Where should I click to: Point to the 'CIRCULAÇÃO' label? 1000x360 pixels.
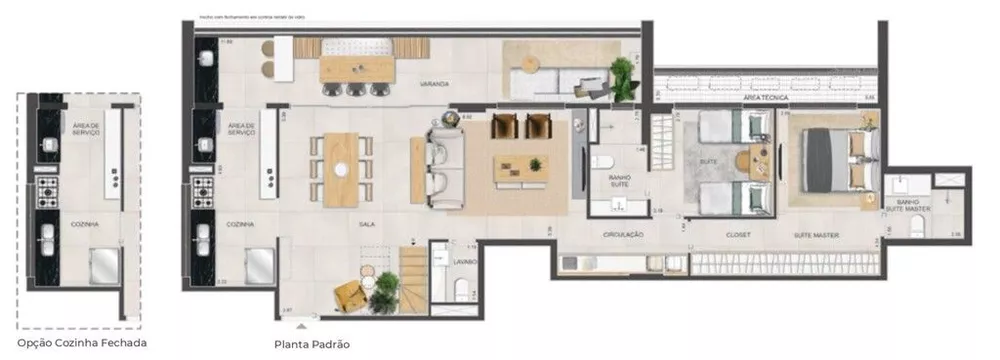pyautogui.click(x=622, y=235)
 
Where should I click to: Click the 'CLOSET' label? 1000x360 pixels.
pyautogui.click(x=738, y=235)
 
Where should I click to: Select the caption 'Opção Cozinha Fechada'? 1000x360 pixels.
pyautogui.click(x=82, y=343)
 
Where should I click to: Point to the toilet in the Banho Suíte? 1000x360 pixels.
pyautogui.click(x=603, y=163)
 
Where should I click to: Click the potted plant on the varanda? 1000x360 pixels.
pyautogui.click(x=622, y=74)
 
